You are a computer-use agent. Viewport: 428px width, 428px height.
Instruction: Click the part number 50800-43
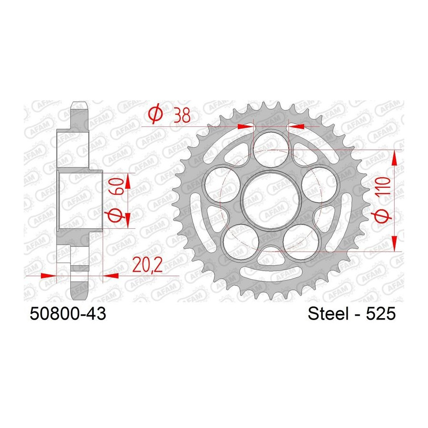pyautogui.click(x=68, y=313)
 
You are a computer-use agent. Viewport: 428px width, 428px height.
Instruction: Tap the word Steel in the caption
pyautogui.click(x=328, y=313)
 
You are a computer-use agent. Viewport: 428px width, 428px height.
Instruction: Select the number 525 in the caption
pyautogui.click(x=380, y=313)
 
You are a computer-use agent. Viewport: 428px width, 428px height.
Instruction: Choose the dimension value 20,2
pyautogui.click(x=147, y=265)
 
